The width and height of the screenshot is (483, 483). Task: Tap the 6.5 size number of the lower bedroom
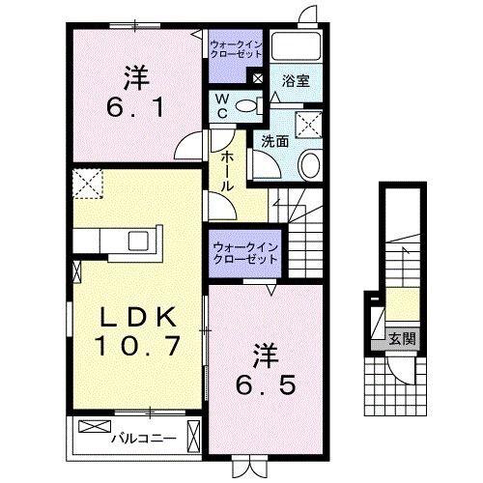point(268,384)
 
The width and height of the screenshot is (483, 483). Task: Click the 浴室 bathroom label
point(296,83)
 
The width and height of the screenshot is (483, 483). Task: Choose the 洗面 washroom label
point(274,141)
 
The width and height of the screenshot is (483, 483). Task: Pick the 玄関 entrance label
point(402,338)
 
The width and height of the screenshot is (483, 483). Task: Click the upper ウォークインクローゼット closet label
point(235,47)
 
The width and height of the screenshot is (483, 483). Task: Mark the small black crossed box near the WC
point(258,80)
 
